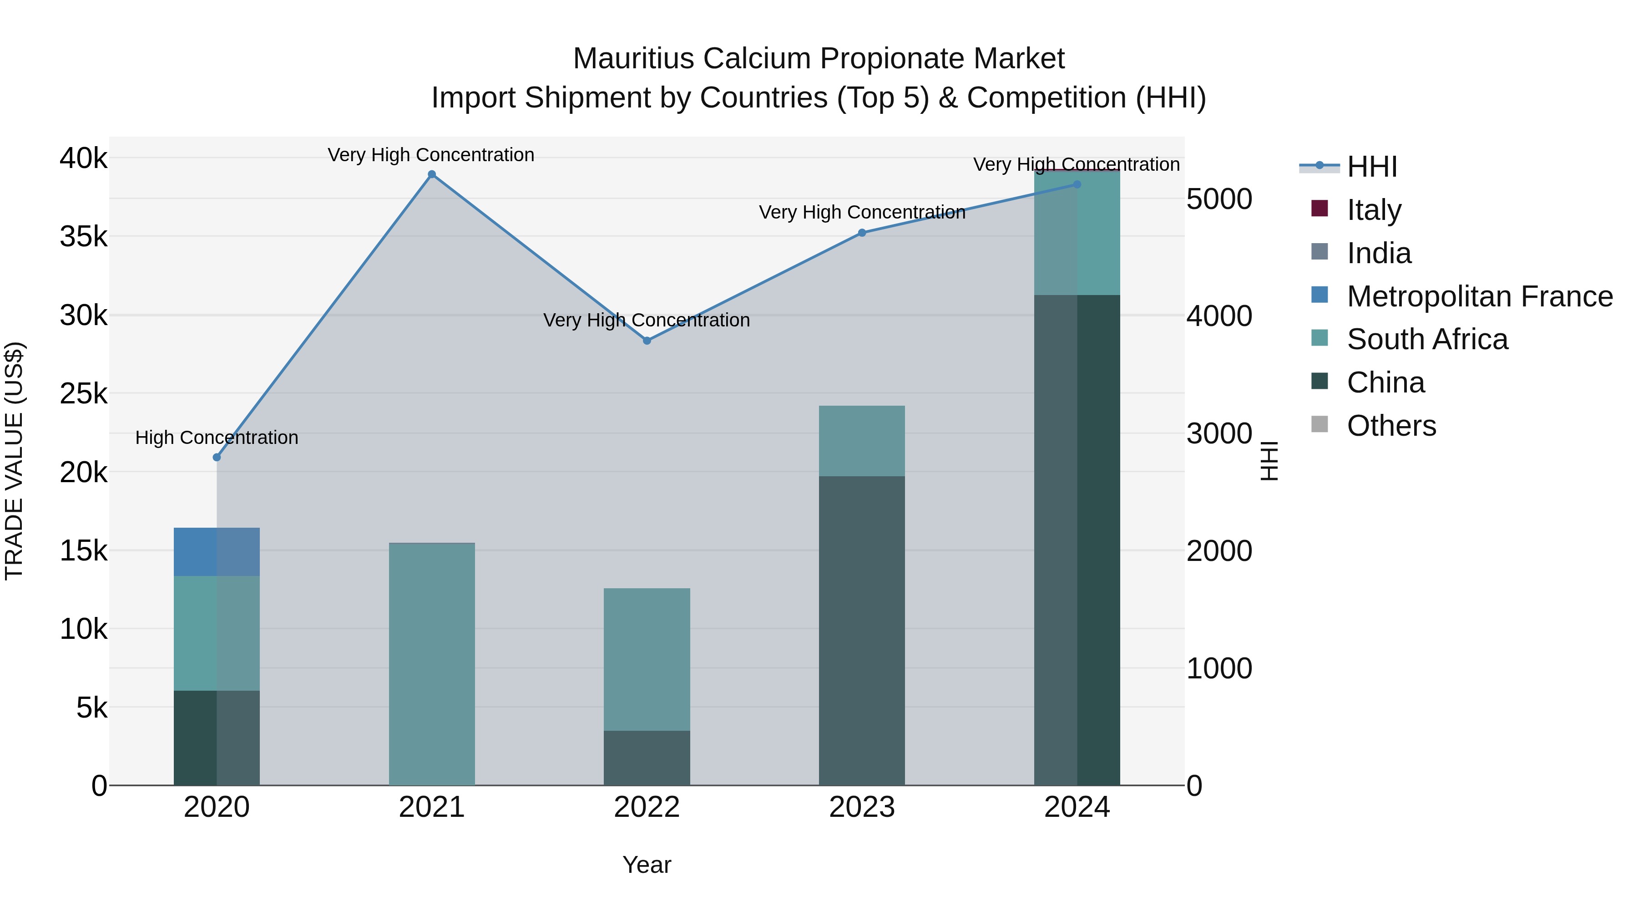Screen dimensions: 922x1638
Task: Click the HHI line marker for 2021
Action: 432,174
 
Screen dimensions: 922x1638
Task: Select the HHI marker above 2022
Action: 647,341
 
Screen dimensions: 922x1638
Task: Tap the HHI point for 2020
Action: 217,457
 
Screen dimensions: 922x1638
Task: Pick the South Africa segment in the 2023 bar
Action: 862,440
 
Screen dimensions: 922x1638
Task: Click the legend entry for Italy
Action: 1374,209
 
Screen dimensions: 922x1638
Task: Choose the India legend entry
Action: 1379,253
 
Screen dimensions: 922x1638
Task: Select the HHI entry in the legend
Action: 1371,167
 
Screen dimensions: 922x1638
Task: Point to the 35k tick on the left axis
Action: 83,237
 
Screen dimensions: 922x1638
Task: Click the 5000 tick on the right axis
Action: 1219,199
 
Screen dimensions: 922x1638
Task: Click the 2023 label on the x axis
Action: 862,807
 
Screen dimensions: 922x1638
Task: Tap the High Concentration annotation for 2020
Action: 217,437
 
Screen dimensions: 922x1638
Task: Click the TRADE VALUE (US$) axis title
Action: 14,461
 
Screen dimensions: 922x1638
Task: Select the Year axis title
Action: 647,865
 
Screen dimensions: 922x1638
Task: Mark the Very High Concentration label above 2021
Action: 431,155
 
